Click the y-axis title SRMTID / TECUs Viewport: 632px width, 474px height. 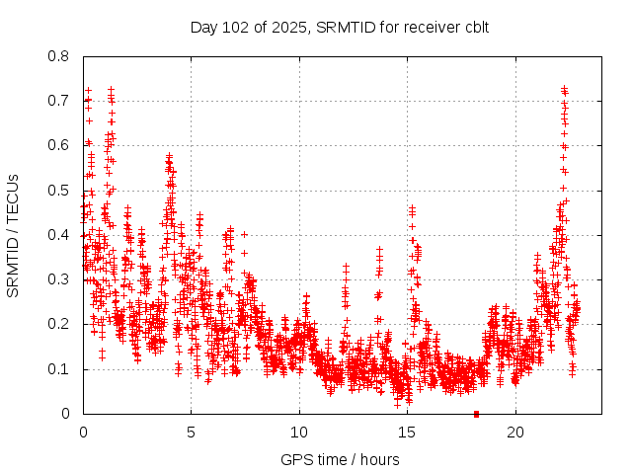coord(14,235)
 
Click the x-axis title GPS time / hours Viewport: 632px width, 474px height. coord(340,459)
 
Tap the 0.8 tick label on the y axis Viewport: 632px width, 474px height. coord(59,56)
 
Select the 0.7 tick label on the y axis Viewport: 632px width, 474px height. coord(59,101)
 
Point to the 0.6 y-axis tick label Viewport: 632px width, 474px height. coord(59,145)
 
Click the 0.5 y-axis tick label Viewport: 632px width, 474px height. coord(59,191)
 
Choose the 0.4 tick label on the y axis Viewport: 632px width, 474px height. coord(59,235)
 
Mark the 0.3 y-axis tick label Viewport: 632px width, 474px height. coord(59,279)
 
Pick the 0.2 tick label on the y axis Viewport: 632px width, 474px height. coord(59,324)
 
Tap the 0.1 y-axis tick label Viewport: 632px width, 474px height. coord(59,369)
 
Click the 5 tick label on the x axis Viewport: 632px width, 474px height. coord(192,433)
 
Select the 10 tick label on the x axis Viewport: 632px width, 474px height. coord(299,433)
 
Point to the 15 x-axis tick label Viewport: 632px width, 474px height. coord(407,433)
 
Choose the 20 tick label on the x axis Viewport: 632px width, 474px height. coord(515,433)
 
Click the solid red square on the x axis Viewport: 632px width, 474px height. coord(476,414)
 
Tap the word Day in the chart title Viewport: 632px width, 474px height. coord(203,27)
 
